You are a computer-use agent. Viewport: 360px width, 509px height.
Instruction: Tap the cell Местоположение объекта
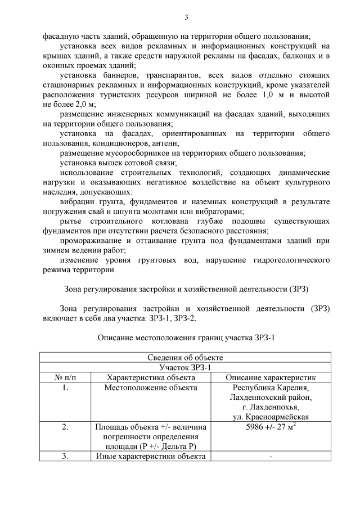pyautogui.click(x=151, y=388)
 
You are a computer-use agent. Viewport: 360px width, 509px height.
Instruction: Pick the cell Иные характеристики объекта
pyautogui.click(x=151, y=456)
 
